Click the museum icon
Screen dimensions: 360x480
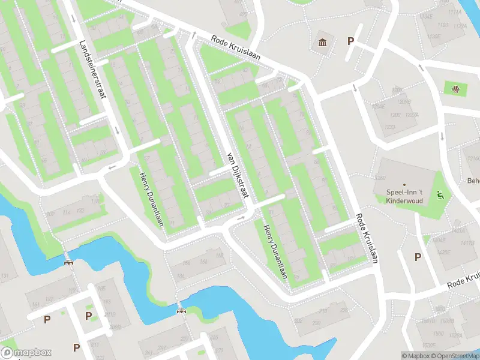click(x=323, y=43)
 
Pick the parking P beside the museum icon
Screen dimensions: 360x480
click(x=351, y=41)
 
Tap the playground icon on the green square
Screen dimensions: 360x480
click(x=455, y=89)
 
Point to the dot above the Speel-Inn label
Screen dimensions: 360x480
click(x=404, y=184)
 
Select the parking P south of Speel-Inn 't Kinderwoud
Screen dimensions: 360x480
click(x=418, y=257)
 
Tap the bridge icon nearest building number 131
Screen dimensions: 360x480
click(x=69, y=262)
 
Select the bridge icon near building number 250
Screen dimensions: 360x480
click(x=181, y=310)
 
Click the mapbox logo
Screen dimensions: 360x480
click(x=27, y=353)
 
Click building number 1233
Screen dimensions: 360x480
click(x=390, y=127)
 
